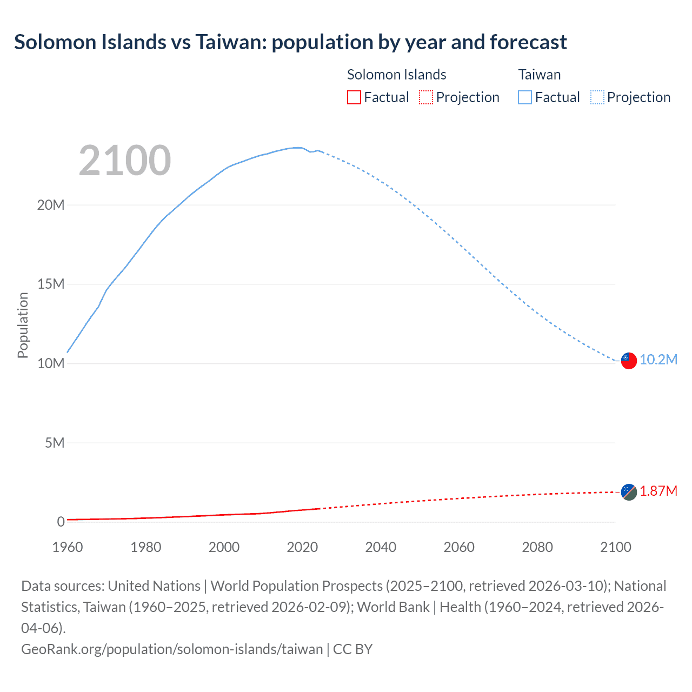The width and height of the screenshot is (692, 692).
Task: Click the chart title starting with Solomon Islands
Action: (x=290, y=42)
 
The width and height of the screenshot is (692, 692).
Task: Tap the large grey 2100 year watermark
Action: (x=125, y=161)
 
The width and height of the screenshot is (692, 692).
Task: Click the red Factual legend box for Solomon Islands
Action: (x=354, y=97)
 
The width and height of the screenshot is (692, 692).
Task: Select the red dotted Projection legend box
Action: (x=426, y=97)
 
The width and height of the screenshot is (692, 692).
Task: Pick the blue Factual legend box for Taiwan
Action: (x=525, y=97)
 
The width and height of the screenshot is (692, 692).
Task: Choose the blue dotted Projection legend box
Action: (x=597, y=97)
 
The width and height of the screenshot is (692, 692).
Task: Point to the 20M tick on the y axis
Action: (x=51, y=205)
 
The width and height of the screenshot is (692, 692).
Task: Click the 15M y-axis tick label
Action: (x=51, y=284)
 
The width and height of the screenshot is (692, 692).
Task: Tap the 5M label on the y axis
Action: (x=54, y=443)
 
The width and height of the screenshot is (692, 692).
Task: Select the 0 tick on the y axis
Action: (x=61, y=522)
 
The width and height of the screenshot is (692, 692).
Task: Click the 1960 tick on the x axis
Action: (x=68, y=547)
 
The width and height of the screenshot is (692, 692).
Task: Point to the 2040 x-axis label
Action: (x=381, y=547)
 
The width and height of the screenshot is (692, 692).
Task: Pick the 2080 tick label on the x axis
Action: (x=537, y=547)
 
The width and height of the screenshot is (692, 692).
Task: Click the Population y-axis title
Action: (x=23, y=325)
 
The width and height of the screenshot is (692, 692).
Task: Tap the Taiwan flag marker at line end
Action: (x=628, y=361)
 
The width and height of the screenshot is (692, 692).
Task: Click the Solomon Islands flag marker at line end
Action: (x=628, y=492)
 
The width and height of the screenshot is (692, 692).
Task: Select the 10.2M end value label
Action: (x=658, y=360)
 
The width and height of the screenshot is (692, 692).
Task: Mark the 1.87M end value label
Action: (x=658, y=491)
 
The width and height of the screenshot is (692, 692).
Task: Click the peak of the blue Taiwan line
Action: (x=297, y=147)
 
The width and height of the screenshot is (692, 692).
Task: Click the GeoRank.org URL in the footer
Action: (x=172, y=649)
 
